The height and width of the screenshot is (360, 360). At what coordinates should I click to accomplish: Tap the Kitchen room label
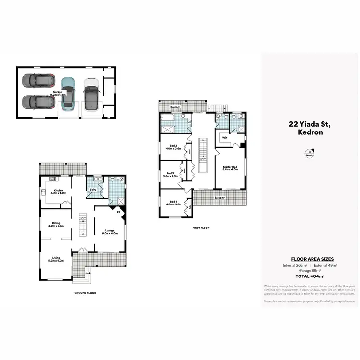58,192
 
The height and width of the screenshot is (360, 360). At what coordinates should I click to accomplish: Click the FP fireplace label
118,212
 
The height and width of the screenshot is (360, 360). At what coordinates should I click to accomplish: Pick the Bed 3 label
170,175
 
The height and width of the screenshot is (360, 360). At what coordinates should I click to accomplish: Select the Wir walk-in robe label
224,137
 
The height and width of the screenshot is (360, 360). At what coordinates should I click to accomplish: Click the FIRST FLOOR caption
200,228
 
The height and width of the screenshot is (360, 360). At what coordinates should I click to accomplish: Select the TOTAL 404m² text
309,276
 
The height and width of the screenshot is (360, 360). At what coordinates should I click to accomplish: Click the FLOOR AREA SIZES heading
309,258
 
